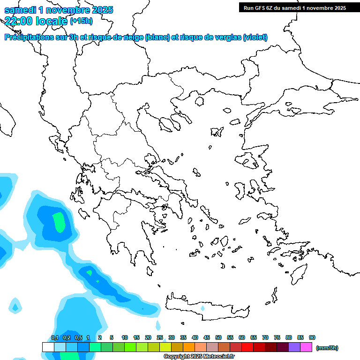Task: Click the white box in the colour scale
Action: (48, 347)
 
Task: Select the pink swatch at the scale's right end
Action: (306, 347)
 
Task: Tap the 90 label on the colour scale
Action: (312, 337)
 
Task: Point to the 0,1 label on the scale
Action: (55, 337)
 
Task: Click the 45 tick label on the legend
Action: (207, 337)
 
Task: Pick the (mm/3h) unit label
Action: (327, 348)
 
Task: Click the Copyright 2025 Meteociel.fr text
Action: (199, 357)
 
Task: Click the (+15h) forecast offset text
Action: (81, 21)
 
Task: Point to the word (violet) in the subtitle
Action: (255, 37)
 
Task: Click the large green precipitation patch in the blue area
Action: (59, 222)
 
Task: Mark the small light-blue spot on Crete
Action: (202, 308)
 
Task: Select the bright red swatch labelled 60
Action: (247, 347)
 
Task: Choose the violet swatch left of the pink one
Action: (294, 347)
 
